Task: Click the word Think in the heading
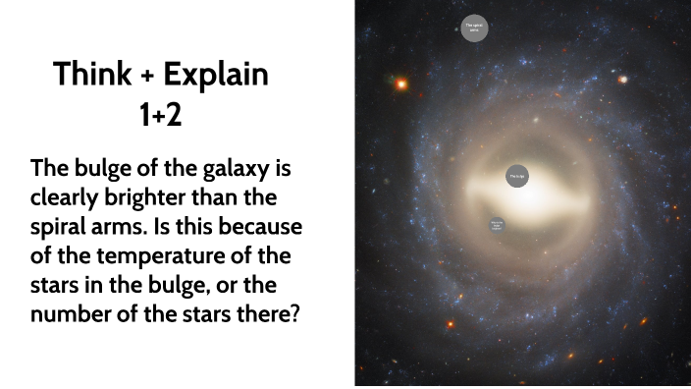tap(90, 75)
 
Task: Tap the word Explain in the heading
tap(215, 75)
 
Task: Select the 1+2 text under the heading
tap(161, 117)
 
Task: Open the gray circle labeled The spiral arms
tap(474, 28)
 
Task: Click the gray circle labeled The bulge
tap(517, 177)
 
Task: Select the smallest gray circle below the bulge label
tap(497, 224)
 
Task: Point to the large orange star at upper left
tap(400, 84)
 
